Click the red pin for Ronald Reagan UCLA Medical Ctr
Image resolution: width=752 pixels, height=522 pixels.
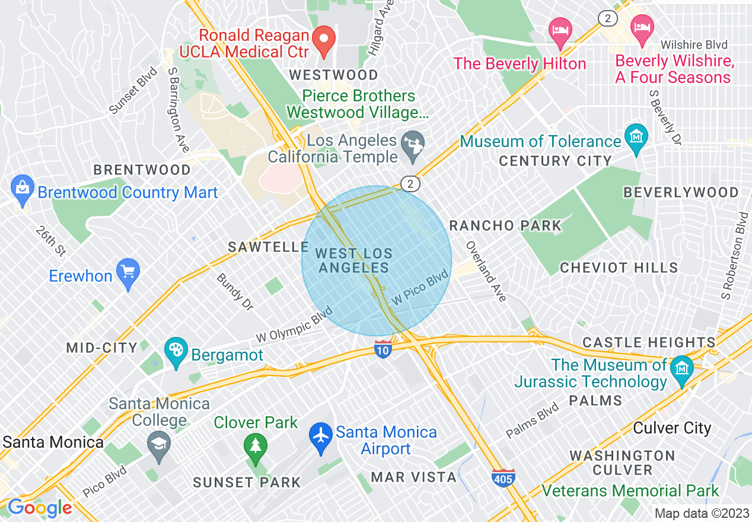click(x=324, y=40)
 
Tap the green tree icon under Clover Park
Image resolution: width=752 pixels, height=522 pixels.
click(x=256, y=448)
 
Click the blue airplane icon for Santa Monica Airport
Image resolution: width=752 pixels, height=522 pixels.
click(x=321, y=438)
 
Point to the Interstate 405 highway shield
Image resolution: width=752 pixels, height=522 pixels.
click(x=503, y=478)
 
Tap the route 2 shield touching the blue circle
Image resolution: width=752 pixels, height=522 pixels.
click(x=410, y=184)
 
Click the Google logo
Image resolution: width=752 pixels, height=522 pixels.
click(x=39, y=508)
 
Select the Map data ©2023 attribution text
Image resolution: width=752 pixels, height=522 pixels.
click(x=701, y=513)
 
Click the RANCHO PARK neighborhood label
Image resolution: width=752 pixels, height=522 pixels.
click(x=505, y=225)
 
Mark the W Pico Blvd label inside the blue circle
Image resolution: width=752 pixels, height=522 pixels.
click(x=420, y=288)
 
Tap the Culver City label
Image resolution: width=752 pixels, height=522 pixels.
click(x=672, y=428)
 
